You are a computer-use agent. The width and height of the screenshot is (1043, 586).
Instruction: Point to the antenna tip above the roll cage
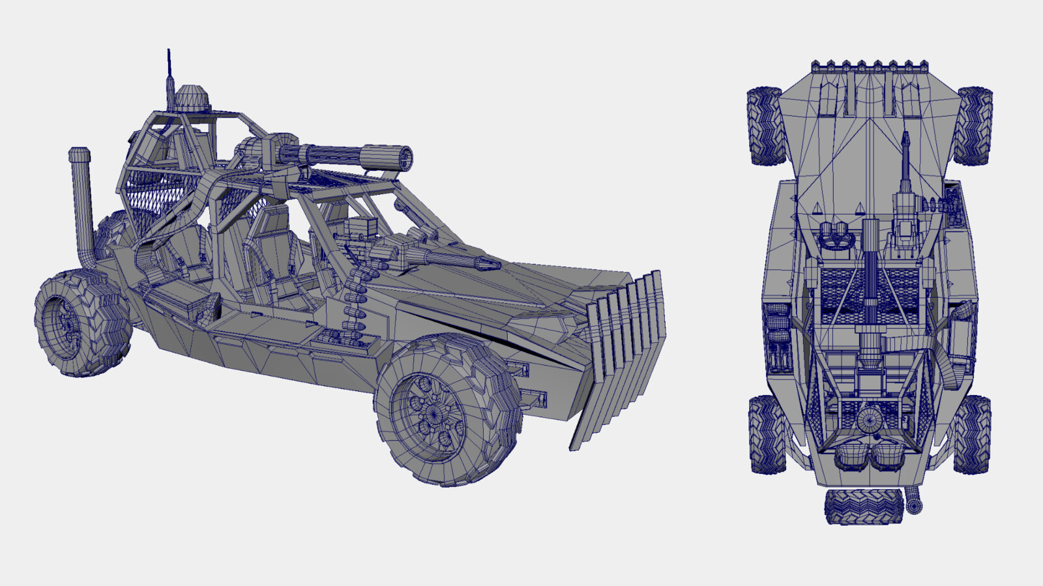coord(169,51)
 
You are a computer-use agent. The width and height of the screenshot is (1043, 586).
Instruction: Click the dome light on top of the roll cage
coord(192,97)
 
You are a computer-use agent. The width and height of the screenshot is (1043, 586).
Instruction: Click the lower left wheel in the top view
coord(767,433)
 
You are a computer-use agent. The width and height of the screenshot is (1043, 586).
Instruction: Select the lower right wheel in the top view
coord(972,433)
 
